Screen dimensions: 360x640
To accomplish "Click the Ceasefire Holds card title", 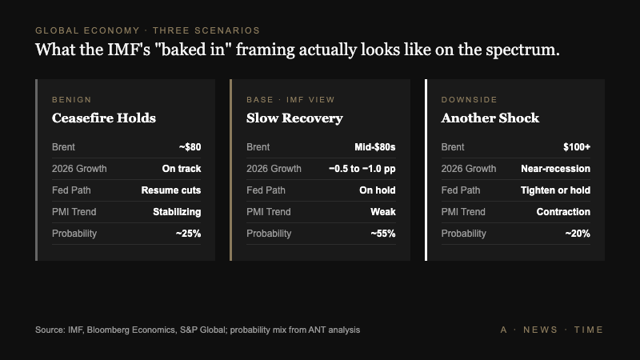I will pyautogui.click(x=103, y=118).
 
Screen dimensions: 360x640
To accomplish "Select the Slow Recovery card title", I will pyautogui.click(x=294, y=118).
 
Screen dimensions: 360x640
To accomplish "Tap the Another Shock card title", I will pyautogui.click(x=490, y=118).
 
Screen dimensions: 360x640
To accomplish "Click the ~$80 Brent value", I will pyautogui.click(x=190, y=147).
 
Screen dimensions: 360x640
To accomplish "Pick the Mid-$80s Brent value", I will pyautogui.click(x=374, y=147).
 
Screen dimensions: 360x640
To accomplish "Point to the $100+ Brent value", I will pyautogui.click(x=576, y=147).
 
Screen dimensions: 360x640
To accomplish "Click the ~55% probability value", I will pyautogui.click(x=382, y=234).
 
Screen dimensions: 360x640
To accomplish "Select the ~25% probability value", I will pyautogui.click(x=188, y=234).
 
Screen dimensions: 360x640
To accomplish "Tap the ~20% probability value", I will pyautogui.click(x=578, y=234).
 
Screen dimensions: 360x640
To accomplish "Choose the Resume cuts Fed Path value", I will pyautogui.click(x=170, y=190).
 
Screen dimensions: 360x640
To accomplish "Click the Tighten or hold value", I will pyautogui.click(x=555, y=190).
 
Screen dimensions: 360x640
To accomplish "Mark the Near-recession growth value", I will pyautogui.click(x=555, y=169).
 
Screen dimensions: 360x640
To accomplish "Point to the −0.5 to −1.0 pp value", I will pyautogui.click(x=362, y=169).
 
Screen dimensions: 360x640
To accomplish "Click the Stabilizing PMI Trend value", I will pyautogui.click(x=177, y=212).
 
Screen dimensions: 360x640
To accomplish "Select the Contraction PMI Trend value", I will pyautogui.click(x=563, y=212).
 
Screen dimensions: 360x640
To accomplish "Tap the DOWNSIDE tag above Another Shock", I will pyautogui.click(x=469, y=100).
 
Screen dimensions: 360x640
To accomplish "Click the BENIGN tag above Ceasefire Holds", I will pyautogui.click(x=71, y=100).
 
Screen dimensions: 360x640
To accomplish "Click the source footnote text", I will pyautogui.click(x=198, y=330).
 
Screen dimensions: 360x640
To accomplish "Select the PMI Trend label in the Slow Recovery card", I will pyautogui.click(x=269, y=212).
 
